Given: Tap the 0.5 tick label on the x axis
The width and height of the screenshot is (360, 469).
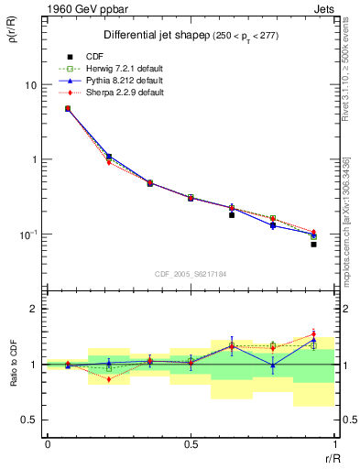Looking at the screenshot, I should coord(191,444).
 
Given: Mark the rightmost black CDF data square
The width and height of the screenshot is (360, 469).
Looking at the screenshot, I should coord(313,245).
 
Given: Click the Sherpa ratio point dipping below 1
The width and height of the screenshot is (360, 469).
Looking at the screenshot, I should coord(109,379).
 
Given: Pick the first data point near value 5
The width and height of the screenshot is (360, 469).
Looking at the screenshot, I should coord(68,108).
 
